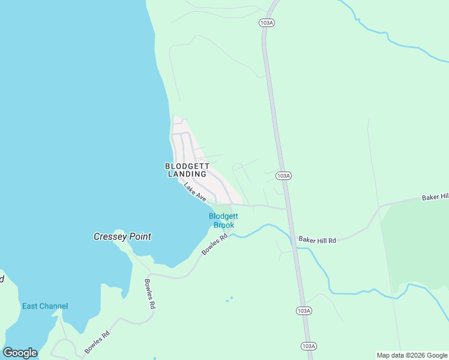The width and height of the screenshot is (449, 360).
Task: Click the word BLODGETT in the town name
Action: pyautogui.click(x=186, y=166)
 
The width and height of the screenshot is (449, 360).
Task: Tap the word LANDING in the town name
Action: pyautogui.click(x=186, y=174)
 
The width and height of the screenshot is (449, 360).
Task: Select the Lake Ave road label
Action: pyautogui.click(x=195, y=192)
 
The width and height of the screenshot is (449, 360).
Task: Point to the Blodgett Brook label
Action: pyautogui.click(x=223, y=220)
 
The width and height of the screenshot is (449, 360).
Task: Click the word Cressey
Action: pyautogui.click(x=110, y=236)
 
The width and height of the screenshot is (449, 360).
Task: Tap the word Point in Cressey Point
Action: pyautogui.click(x=140, y=236)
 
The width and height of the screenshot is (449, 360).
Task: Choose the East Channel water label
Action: pyautogui.click(x=45, y=306)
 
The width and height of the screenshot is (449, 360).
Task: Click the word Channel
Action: pyautogui.click(x=53, y=306)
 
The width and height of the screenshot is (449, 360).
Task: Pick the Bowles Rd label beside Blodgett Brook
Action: pyautogui.click(x=214, y=245)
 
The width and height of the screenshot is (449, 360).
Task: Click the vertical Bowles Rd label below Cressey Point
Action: pyautogui.click(x=149, y=294)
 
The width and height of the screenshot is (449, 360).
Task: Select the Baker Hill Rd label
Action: pyautogui.click(x=318, y=240)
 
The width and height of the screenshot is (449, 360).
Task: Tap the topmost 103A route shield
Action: pyautogui.click(x=267, y=22)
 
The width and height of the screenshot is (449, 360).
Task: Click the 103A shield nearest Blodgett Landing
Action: pyautogui.click(x=284, y=175)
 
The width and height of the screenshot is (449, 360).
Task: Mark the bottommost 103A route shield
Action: pyautogui.click(x=308, y=346)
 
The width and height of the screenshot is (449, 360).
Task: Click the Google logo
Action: pyautogui.click(x=20, y=353)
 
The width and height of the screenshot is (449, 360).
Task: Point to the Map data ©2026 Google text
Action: pyautogui.click(x=412, y=355)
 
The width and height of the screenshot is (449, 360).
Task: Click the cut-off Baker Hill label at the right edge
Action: pyautogui.click(x=435, y=197)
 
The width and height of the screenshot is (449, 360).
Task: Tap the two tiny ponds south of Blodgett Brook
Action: pyautogui.click(x=229, y=299)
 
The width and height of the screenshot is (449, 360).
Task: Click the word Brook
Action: pyautogui.click(x=224, y=225)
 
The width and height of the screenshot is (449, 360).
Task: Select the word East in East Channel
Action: pyautogui.click(x=30, y=306)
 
